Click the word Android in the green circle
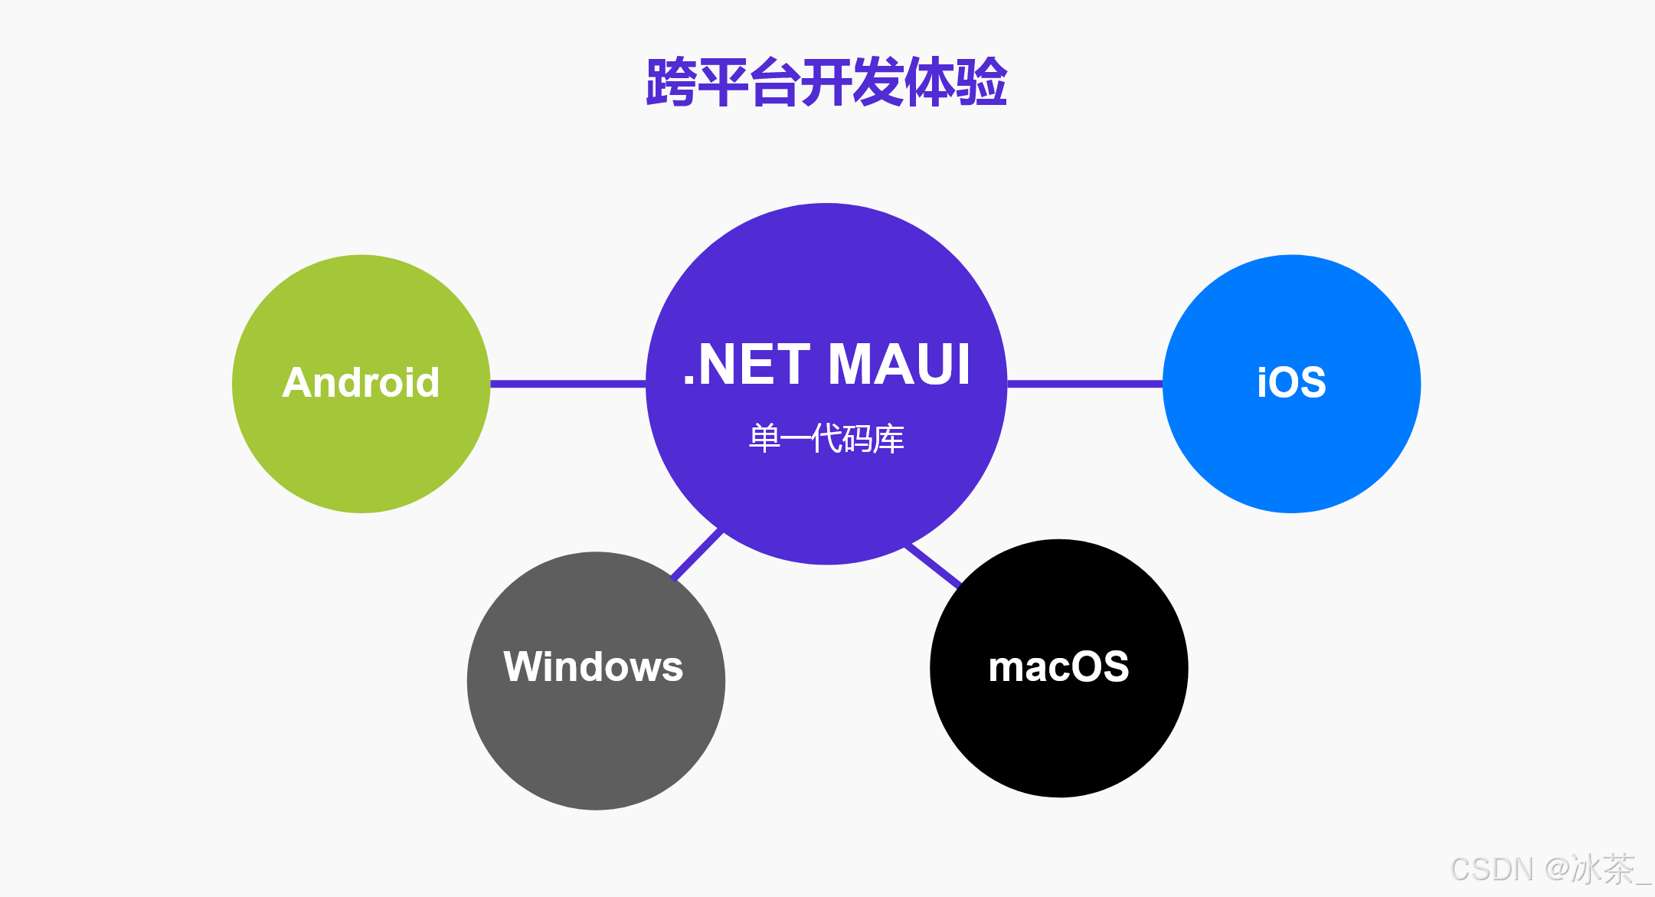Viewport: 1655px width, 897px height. click(361, 382)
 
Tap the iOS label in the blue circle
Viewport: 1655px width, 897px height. click(1291, 382)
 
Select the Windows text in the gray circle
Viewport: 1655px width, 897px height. click(593, 666)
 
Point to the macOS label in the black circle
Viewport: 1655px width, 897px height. click(1058, 666)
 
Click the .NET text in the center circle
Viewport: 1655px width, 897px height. click(746, 365)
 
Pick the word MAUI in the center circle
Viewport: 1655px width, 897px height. click(899, 365)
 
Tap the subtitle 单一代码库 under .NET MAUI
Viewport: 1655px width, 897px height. click(826, 439)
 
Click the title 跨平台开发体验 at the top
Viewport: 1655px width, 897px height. click(826, 82)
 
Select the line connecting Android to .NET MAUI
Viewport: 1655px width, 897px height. click(567, 383)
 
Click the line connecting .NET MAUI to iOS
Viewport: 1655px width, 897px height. click(1084, 383)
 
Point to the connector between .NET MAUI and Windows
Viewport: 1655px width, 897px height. click(697, 554)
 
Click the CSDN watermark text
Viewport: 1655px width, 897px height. click(1492, 869)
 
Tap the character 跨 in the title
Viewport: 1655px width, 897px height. click(671, 82)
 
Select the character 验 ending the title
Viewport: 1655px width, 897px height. click(982, 82)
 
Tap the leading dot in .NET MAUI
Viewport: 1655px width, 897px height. click(688, 381)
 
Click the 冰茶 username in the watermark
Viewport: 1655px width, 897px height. click(1603, 869)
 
